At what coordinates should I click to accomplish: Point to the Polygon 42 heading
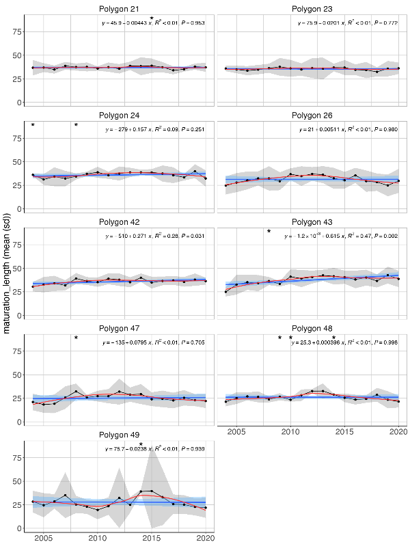coord(119,221)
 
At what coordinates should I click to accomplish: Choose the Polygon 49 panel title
coord(119,435)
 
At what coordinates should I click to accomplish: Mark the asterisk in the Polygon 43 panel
coord(269,232)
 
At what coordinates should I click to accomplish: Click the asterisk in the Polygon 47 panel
coord(77,338)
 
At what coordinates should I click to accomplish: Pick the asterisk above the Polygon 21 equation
coord(152,19)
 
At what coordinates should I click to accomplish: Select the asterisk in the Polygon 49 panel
coord(141,445)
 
